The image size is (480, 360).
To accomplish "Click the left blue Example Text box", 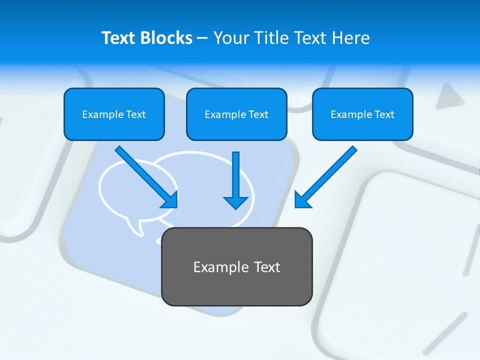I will click(x=114, y=114).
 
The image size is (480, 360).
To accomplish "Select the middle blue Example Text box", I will click(x=236, y=114).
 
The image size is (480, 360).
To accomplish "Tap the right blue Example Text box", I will click(x=362, y=114).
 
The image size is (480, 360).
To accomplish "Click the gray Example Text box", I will click(x=236, y=267).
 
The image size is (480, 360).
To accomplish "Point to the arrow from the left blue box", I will click(x=145, y=176).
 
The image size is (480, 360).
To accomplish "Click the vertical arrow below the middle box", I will click(x=235, y=180).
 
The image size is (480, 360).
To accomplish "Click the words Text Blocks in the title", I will click(x=146, y=38).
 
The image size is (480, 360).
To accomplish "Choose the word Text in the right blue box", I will click(x=384, y=114).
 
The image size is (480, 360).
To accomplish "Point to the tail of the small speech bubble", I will click(x=135, y=227).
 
